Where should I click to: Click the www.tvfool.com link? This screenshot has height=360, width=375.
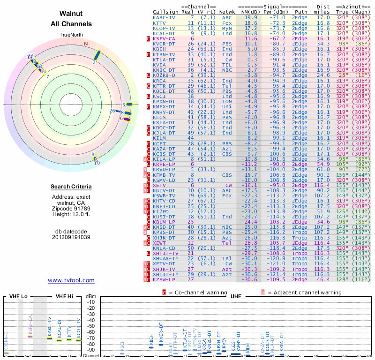tap(71, 280)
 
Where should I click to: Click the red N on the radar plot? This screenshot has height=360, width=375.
tap(86, 44)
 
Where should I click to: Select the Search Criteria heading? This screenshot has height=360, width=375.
tap(71, 187)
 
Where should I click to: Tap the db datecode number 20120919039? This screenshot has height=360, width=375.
tap(71, 237)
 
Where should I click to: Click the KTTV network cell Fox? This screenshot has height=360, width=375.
tap(227, 22)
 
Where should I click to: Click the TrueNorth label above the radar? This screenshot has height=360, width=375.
tap(71, 35)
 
